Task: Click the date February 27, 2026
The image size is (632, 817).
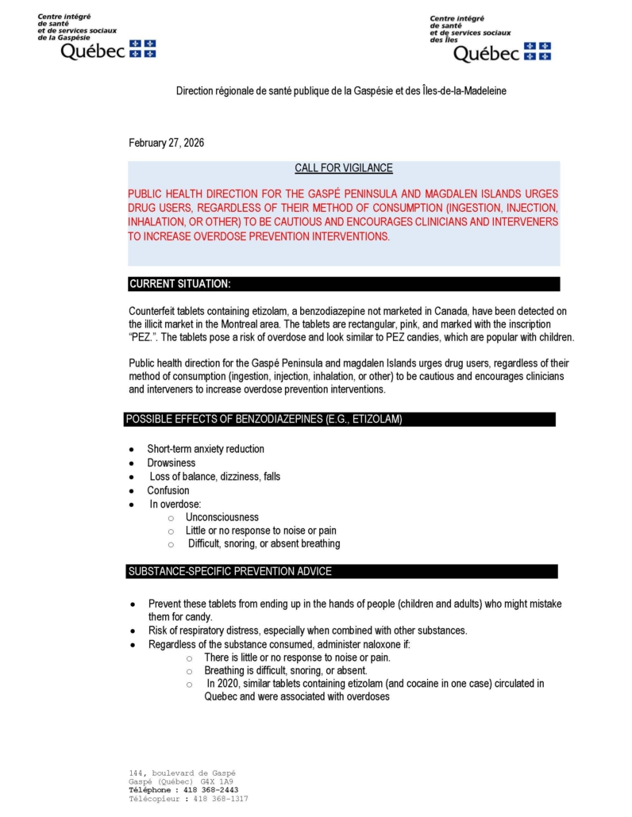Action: pos(167,143)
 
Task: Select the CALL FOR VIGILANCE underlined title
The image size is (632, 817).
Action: pos(343,168)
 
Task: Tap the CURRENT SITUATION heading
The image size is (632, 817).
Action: pos(180,284)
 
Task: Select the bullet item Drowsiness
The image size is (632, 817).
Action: pos(171,462)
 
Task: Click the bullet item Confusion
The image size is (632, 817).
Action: pos(168,490)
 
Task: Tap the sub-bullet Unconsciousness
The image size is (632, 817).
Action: pos(222,517)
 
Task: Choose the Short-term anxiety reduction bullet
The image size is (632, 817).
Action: pos(206,449)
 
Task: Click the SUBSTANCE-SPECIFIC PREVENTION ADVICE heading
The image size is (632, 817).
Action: pos(230,571)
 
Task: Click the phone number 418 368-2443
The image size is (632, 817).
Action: pos(211,790)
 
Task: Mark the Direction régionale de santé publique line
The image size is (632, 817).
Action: pos(341,91)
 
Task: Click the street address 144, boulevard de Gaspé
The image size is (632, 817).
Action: pos(182,773)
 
